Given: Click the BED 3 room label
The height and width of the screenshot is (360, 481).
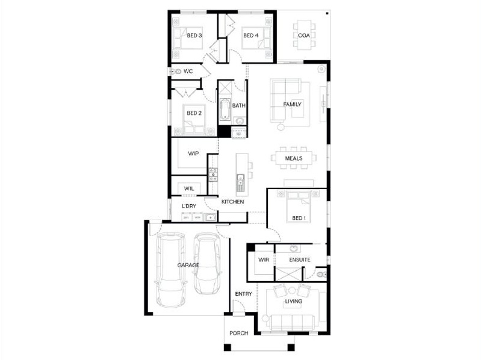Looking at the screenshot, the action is coord(194,36).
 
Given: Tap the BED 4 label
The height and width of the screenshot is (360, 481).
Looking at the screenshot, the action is coord(251,36).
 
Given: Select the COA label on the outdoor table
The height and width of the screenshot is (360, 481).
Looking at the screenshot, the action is coord(303,36).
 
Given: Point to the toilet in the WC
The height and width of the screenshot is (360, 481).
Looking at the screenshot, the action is coord(176,72).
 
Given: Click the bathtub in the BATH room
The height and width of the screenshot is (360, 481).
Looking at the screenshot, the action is coord(225,110).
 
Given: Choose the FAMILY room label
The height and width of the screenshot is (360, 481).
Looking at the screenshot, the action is coord(292,104).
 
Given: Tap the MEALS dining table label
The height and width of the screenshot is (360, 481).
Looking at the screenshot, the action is coord(294,158).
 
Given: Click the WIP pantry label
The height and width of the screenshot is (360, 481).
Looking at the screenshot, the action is coord(193,154).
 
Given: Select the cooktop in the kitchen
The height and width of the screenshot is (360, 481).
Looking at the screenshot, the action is coord(213,175).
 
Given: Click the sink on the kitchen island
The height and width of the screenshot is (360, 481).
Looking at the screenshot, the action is coord(241,183).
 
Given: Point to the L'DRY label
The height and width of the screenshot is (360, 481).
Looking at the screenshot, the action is coord(188,206).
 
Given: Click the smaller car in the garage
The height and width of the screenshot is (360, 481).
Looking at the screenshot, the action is coord(207,264).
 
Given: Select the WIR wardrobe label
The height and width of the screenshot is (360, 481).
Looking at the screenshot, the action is coord(264,259).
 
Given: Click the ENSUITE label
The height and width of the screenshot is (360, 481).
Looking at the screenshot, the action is coord(300,259).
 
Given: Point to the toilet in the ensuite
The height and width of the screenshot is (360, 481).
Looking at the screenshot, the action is coord(321,275).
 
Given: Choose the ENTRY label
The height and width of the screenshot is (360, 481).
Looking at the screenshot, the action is coord(243,294).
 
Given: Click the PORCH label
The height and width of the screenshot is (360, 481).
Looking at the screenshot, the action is coord(238,333).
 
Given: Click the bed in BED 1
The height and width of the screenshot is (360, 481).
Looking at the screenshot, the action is coord(298,206).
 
